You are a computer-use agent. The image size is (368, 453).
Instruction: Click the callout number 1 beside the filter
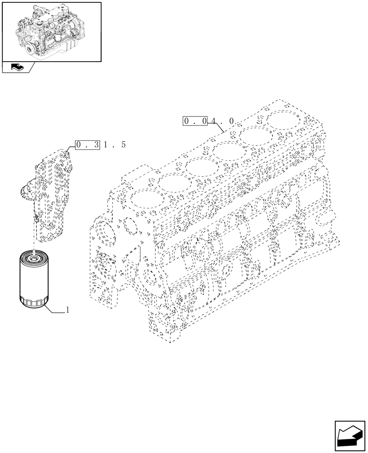(68, 310)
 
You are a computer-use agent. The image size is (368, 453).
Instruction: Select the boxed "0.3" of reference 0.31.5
(87, 145)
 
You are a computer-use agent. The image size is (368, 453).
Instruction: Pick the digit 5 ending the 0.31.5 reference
(123, 145)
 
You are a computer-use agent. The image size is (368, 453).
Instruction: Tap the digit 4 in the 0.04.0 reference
(213, 121)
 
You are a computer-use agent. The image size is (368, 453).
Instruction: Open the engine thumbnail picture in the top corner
(51, 31)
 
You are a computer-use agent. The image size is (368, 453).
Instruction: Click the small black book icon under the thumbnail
(16, 67)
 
